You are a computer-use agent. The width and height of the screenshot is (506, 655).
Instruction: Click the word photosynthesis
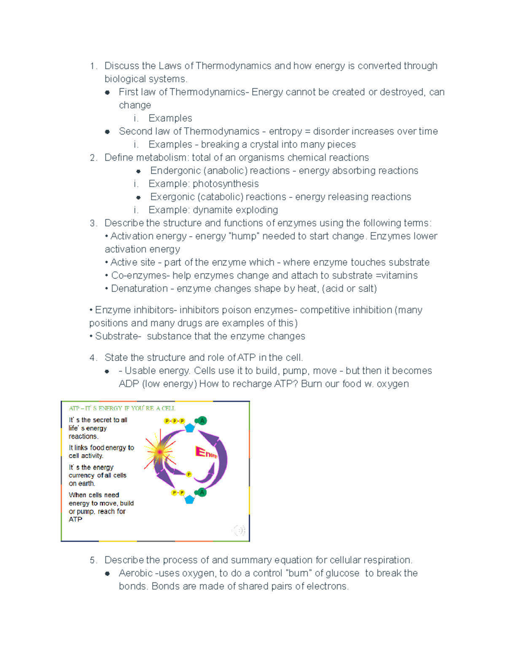226,183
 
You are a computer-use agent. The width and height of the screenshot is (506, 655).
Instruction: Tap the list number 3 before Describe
93,223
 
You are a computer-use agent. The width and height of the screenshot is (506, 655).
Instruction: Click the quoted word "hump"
242,236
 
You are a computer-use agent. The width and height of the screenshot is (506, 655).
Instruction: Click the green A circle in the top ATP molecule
202,420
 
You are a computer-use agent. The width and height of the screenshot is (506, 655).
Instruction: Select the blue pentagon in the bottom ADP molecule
190,499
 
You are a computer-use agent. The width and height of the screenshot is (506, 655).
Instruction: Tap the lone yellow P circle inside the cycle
189,474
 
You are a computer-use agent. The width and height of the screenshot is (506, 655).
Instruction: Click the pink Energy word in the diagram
206,453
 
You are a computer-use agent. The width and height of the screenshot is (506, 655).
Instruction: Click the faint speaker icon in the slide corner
239,530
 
